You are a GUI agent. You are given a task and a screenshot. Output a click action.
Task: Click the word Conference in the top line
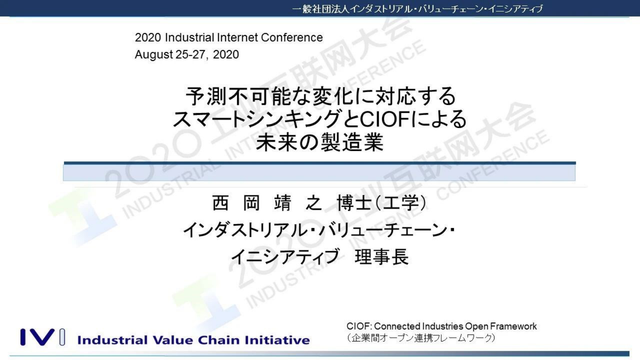point(292,38)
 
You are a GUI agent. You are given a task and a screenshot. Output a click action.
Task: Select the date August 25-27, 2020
point(187,54)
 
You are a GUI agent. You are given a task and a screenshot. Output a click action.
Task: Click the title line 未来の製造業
point(319,142)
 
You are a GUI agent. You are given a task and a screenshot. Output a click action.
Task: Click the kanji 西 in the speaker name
point(221,203)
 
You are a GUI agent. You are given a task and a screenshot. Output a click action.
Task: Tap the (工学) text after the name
point(401,203)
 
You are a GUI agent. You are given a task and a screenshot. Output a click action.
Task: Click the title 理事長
point(381,257)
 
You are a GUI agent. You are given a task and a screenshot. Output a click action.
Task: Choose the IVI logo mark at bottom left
point(42,337)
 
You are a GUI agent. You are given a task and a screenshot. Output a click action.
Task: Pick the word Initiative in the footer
point(277,340)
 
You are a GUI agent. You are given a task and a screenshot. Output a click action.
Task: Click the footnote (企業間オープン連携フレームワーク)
point(421,338)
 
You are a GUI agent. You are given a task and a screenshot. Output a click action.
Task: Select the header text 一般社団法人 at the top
point(320,9)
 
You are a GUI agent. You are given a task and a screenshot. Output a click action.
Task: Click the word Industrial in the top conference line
point(189,38)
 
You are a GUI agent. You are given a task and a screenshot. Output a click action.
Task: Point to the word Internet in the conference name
point(237,38)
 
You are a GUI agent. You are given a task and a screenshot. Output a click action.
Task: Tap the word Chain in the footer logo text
point(219,340)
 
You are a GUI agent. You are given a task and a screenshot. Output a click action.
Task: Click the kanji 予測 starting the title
point(206,97)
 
